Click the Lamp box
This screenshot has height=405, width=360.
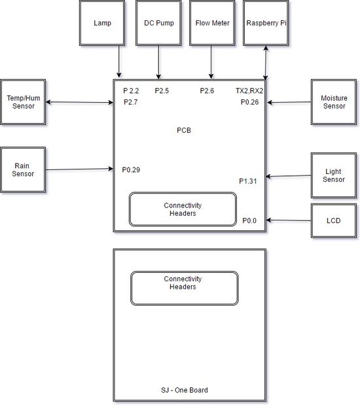point(102,23)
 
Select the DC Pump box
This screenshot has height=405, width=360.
point(158,23)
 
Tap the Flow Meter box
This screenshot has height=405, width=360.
point(212,23)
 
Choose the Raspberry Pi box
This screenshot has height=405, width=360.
point(266,23)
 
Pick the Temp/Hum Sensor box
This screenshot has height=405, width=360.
point(23,102)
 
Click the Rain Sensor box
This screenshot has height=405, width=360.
point(23,169)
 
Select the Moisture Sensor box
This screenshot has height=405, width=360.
point(334,102)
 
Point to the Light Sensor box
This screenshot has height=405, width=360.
point(334,175)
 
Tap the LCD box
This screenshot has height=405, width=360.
point(334,220)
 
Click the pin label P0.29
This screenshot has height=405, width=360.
point(131,169)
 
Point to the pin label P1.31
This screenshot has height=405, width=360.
point(248,181)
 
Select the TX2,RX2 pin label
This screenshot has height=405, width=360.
point(249,91)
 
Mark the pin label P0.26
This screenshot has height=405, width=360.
point(249,102)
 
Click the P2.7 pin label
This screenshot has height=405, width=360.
point(131,102)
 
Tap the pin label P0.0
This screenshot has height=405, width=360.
point(249,220)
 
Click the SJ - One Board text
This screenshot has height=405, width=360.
point(185,390)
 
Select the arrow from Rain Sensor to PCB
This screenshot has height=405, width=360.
point(80,169)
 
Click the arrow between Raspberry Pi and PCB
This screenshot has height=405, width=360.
point(266,63)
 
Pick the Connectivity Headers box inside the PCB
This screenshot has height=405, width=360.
point(183,209)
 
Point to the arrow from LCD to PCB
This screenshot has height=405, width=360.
point(289,220)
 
